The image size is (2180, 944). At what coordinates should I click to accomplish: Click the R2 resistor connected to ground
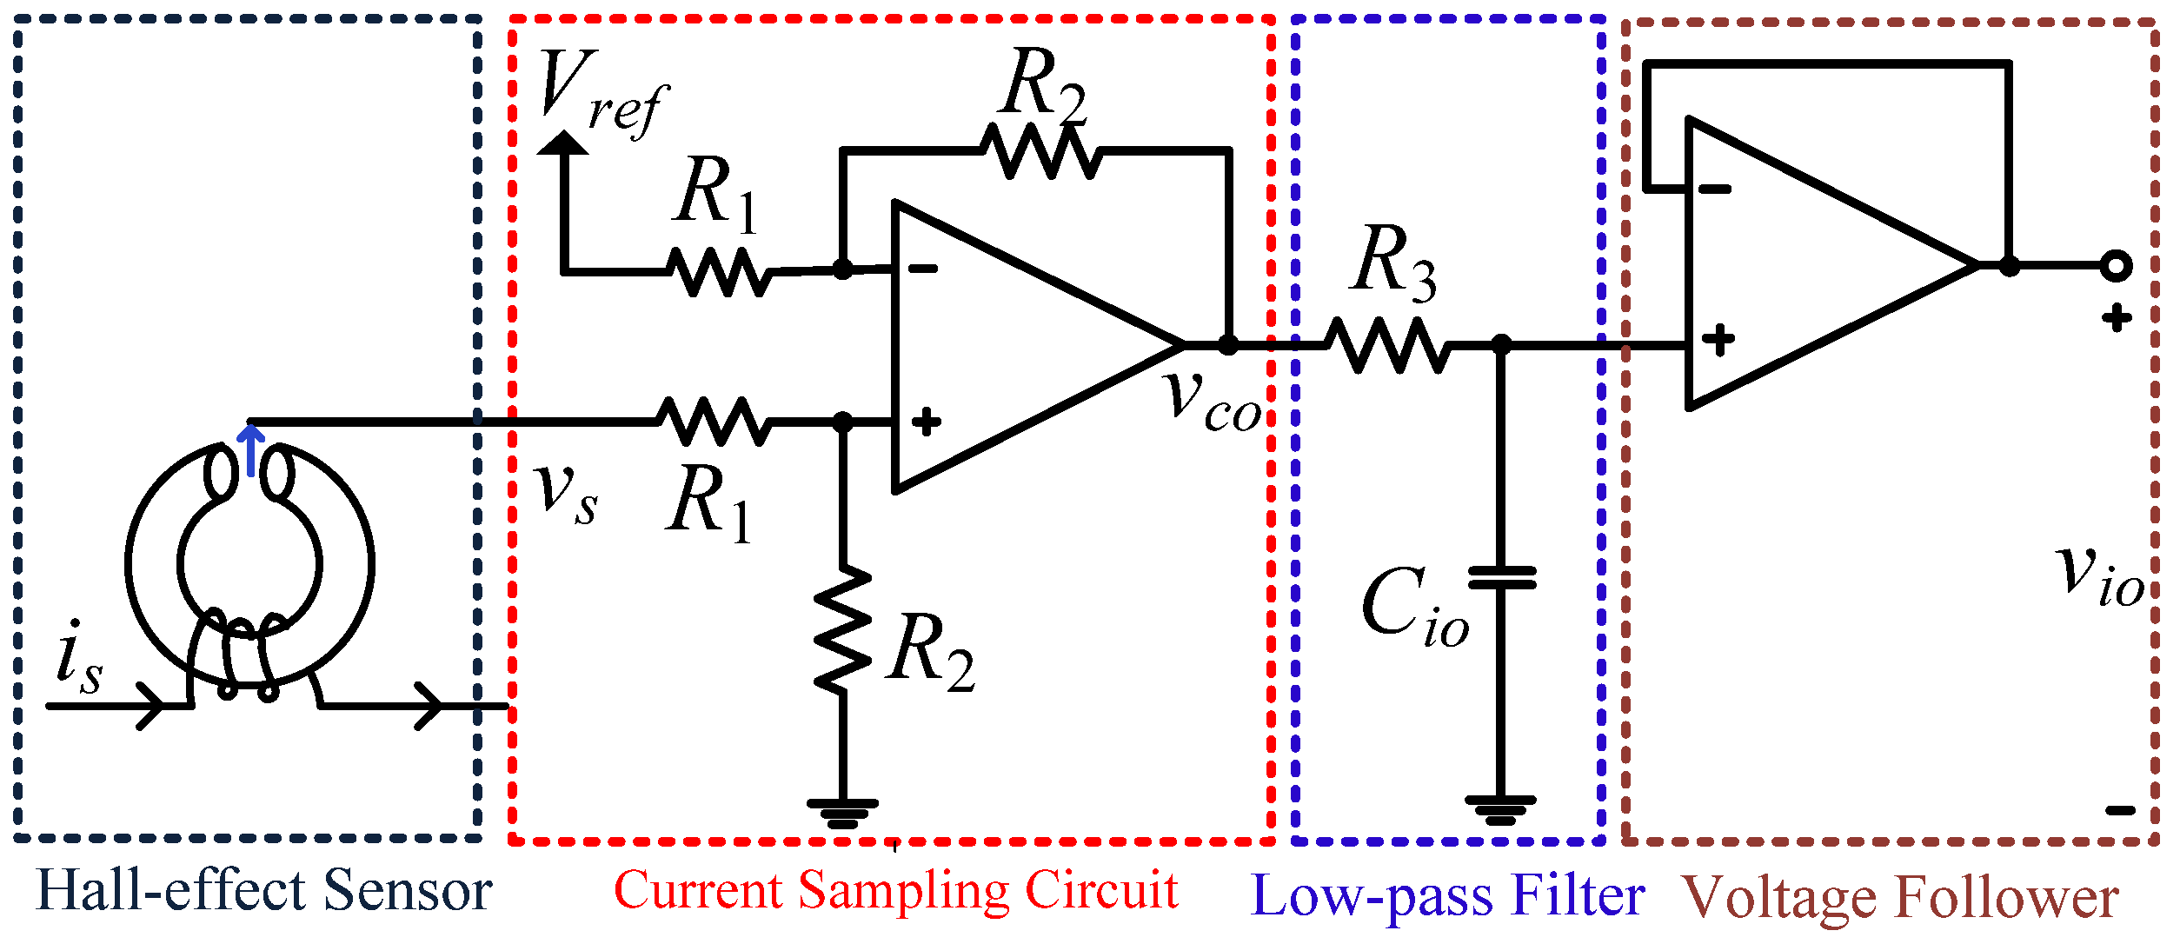[842, 630]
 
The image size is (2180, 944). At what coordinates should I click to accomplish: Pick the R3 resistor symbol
[1387, 345]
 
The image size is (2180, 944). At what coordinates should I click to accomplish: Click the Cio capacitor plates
[1501, 578]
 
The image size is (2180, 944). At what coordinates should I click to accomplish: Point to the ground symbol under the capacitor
[1500, 809]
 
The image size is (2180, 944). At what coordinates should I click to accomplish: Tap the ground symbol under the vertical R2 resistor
[842, 813]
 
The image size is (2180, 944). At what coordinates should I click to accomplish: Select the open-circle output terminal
[2116, 265]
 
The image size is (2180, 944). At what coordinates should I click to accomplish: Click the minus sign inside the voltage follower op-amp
[1715, 189]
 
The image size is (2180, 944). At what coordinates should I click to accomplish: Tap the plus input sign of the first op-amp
[927, 422]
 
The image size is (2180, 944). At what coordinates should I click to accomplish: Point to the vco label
[1213, 402]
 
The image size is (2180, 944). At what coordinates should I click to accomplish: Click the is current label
[78, 658]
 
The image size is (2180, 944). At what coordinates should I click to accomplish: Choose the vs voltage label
[566, 493]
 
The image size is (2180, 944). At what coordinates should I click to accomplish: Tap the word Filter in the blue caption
[1578, 895]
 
